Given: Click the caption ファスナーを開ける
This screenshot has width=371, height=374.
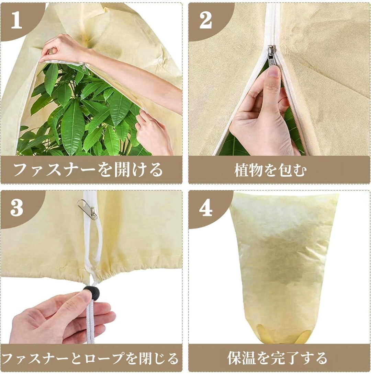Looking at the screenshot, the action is point(88,170).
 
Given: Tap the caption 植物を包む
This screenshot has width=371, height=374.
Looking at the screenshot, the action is point(270,170).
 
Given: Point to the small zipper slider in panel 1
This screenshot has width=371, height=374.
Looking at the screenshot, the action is point(84,67).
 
